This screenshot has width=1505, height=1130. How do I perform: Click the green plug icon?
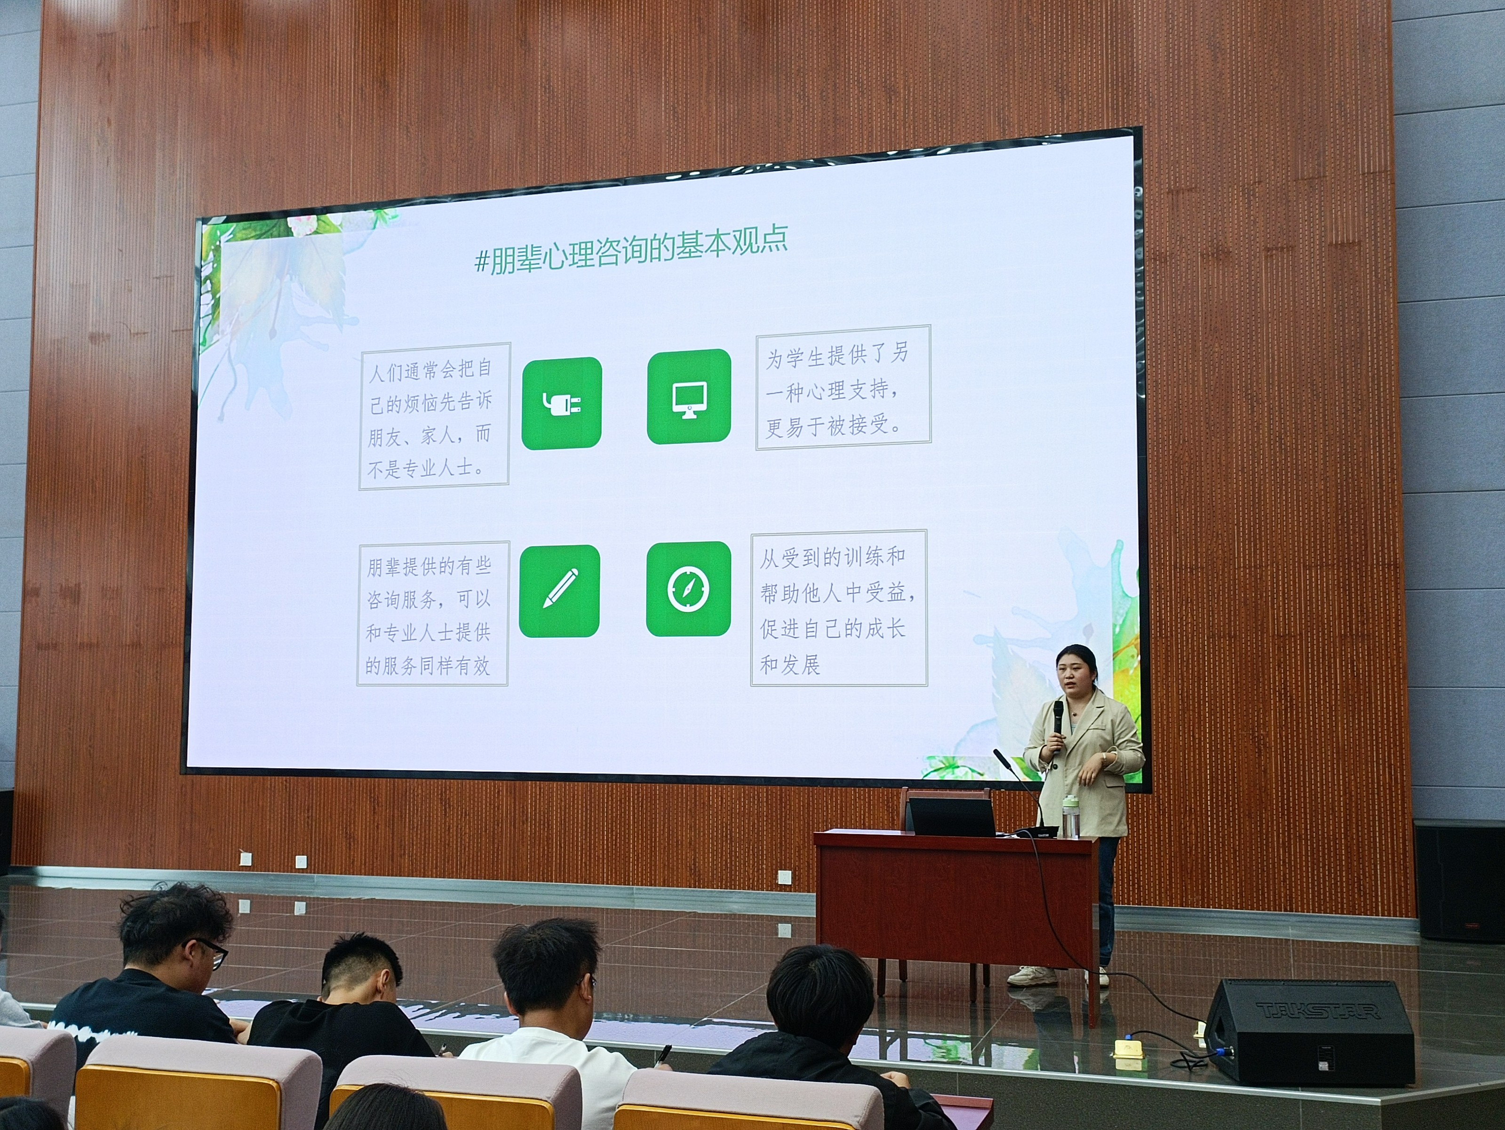click(x=561, y=404)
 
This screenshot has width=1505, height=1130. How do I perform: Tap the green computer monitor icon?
click(x=689, y=397)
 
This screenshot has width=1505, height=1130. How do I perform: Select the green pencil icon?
click(x=559, y=590)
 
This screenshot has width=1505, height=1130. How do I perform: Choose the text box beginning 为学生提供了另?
click(x=843, y=388)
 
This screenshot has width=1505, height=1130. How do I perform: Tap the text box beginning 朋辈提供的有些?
click(x=432, y=613)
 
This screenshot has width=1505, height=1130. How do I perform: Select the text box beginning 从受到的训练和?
click(x=839, y=607)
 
